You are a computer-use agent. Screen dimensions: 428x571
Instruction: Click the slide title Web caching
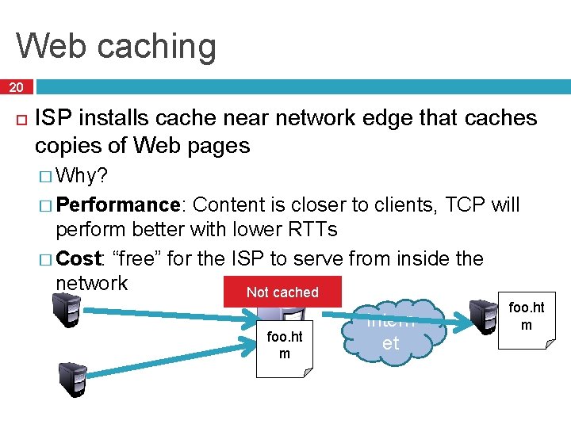pyautogui.click(x=116, y=45)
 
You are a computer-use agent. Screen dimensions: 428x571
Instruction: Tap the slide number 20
pyautogui.click(x=16, y=86)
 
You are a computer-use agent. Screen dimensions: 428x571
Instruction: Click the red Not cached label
pyautogui.click(x=282, y=292)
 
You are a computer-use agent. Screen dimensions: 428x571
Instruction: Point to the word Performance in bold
pyautogui.click(x=119, y=205)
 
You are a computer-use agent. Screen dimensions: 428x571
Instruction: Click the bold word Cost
pyautogui.click(x=79, y=258)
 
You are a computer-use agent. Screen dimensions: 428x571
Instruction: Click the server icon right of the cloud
pyautogui.click(x=483, y=314)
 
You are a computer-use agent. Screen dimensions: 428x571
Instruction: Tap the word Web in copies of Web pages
pyautogui.click(x=154, y=146)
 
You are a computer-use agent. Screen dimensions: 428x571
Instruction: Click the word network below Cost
pyautogui.click(x=91, y=283)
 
